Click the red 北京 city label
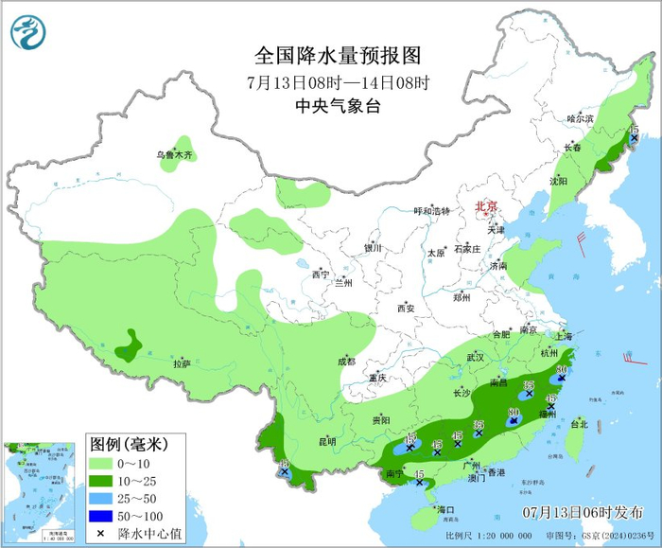(486, 204)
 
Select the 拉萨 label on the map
(183, 363)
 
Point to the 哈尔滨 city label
(580, 118)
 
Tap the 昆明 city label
(326, 440)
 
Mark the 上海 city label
(564, 336)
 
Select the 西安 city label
(406, 308)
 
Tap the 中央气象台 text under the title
(338, 106)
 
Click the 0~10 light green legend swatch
(104, 465)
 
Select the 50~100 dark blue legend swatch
(104, 516)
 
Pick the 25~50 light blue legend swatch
(104, 499)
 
